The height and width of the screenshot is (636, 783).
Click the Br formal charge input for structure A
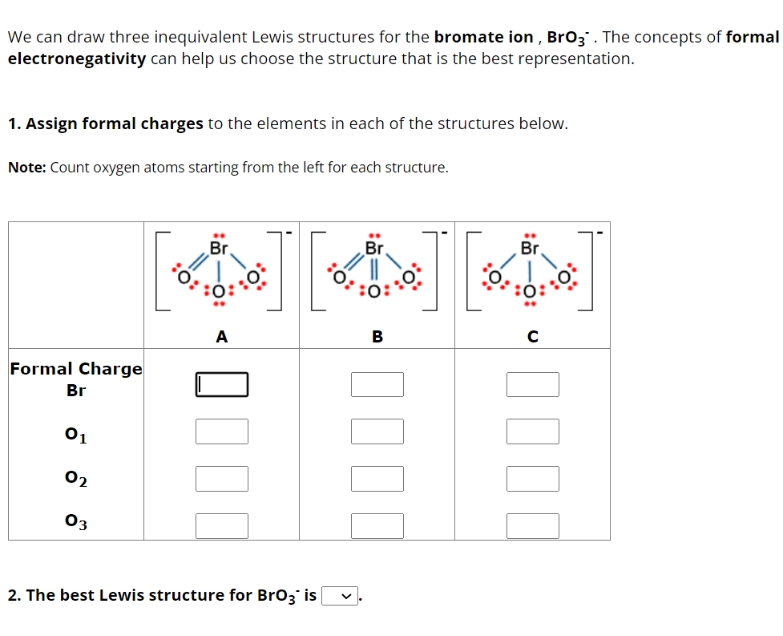click(x=222, y=385)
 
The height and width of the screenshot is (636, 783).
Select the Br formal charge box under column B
click(x=377, y=385)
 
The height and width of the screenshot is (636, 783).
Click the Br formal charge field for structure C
click(x=532, y=385)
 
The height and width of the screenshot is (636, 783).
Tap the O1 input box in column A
click(x=222, y=431)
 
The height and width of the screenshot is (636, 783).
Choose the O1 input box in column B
click(x=377, y=431)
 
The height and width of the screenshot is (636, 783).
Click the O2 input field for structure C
click(x=532, y=479)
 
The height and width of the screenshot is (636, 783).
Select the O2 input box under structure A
click(x=222, y=479)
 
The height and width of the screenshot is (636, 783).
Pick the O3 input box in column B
click(x=377, y=526)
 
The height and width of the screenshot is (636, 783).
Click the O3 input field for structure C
click(x=532, y=526)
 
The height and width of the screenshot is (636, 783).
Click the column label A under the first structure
click(x=222, y=338)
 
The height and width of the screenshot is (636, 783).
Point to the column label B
click(x=377, y=338)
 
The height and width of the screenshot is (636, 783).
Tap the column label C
click(x=532, y=338)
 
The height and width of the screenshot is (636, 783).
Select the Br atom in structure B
click(x=373, y=249)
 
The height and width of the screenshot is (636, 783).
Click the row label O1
click(x=76, y=435)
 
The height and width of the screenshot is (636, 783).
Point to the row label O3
click(x=76, y=522)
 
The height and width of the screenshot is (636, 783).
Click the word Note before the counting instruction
click(x=26, y=168)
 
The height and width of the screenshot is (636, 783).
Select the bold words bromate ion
click(x=483, y=37)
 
